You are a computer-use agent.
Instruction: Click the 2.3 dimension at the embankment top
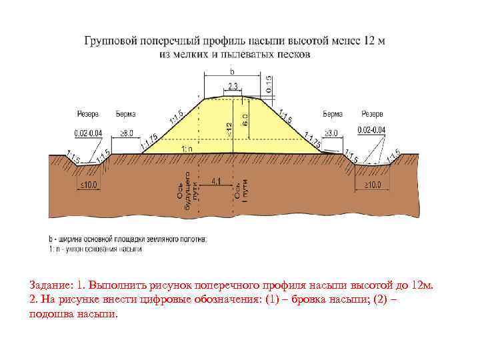232,87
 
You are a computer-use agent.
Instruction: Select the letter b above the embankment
232,70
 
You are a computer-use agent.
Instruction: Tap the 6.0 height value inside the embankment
245,120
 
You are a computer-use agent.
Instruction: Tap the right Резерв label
372,114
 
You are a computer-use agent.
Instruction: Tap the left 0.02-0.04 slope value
89,133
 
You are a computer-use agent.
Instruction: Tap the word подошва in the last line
50,313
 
